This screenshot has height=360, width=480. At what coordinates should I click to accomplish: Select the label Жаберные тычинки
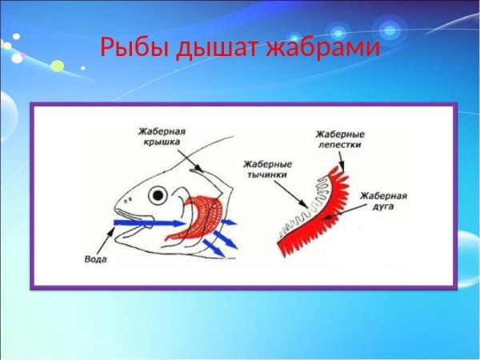(265, 167)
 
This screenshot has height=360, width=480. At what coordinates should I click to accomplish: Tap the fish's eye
(159, 194)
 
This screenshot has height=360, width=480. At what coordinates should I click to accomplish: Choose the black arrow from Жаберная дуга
(347, 211)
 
